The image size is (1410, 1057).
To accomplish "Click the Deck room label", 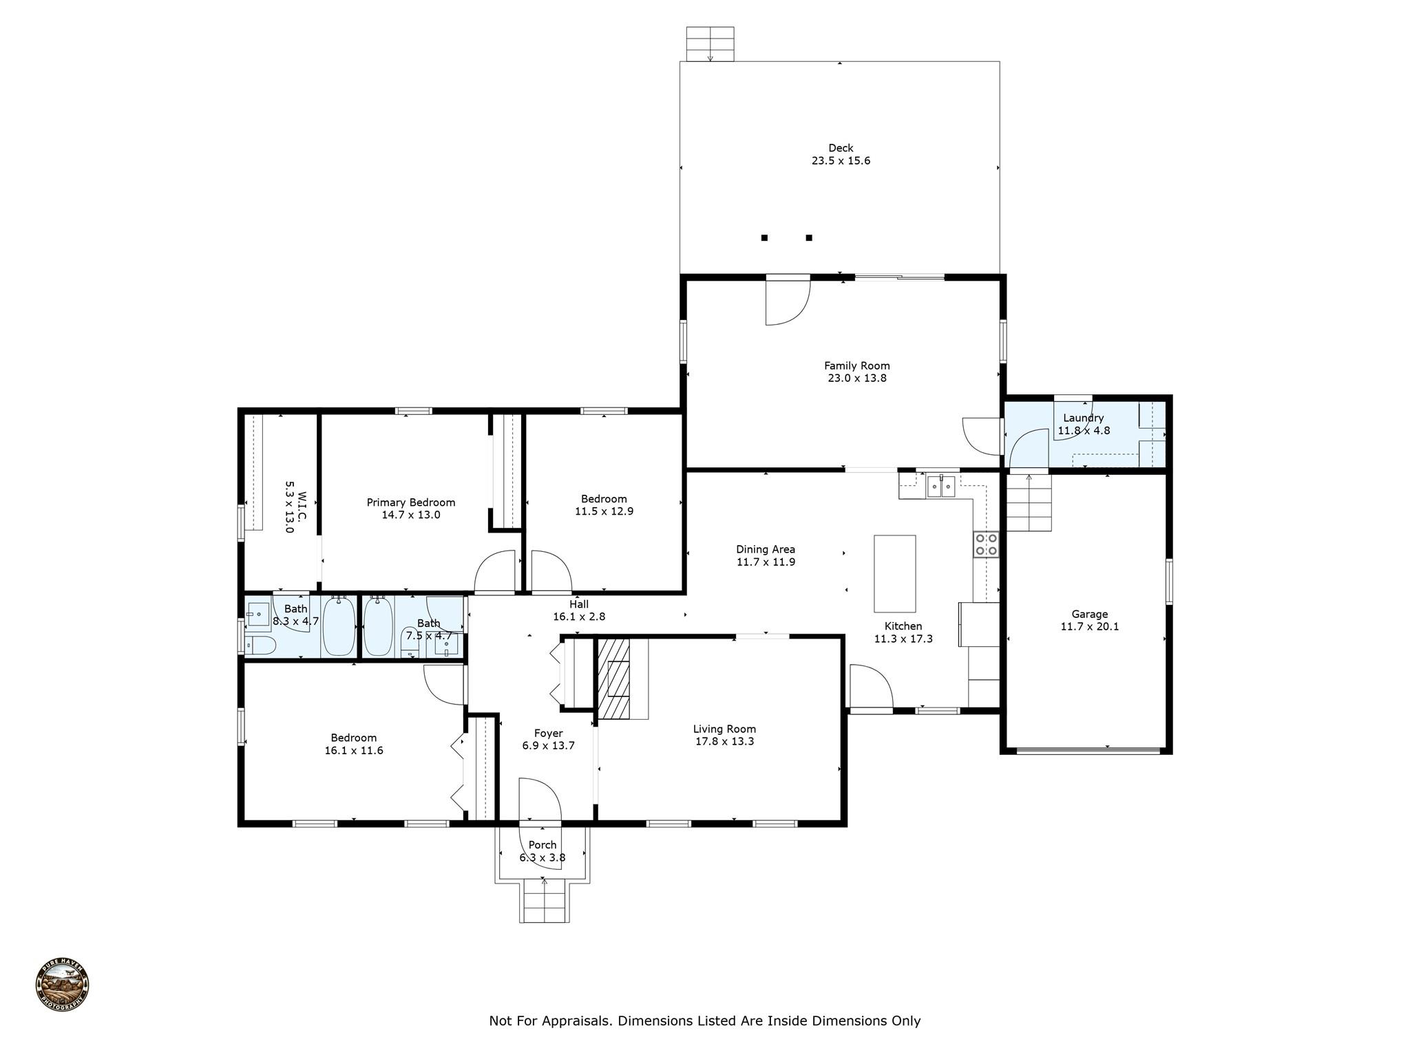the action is [x=841, y=148].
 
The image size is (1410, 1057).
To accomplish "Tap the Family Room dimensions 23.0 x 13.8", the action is [x=856, y=378].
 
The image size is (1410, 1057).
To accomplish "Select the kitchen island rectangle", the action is [x=894, y=573].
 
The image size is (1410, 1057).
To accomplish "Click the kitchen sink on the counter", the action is [x=940, y=486].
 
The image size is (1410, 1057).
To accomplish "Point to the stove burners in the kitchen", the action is [x=986, y=544].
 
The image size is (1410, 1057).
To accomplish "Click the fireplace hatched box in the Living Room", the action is [x=613, y=679].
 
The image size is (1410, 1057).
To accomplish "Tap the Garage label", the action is [x=1089, y=614].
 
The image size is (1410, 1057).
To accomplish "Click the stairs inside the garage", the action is [x=1029, y=503].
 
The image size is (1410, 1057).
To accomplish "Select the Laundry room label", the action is [x=1083, y=418].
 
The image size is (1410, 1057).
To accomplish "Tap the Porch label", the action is [x=543, y=845].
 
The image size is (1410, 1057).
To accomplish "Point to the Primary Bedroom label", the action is [x=410, y=502].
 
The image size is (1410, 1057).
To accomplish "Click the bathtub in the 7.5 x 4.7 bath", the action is [x=378, y=626].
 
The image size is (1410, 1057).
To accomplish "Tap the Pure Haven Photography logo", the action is [x=62, y=984].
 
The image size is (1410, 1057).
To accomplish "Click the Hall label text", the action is [x=579, y=604].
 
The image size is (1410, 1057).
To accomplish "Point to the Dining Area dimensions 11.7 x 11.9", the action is [x=766, y=562].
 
